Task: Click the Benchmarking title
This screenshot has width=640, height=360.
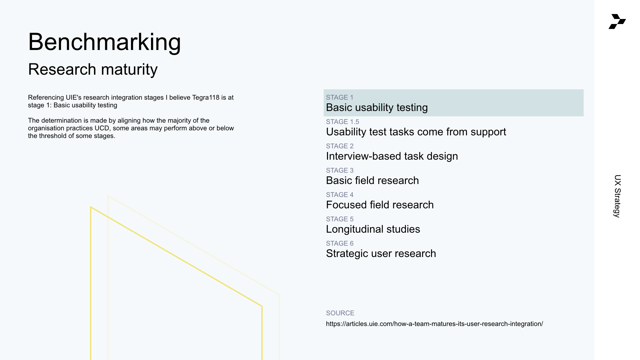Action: (x=104, y=42)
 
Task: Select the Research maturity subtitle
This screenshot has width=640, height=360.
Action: (x=93, y=69)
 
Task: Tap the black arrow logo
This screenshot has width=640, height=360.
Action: (x=617, y=21)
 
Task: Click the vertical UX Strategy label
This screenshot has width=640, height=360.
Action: (x=617, y=196)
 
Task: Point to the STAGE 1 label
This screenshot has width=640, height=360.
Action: (x=340, y=97)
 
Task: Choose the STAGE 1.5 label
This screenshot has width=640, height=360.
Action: (x=343, y=122)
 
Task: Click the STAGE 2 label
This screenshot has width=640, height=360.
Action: (x=340, y=146)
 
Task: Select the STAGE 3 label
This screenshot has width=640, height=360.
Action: (x=340, y=170)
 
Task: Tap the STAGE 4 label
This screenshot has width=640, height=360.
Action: (x=340, y=195)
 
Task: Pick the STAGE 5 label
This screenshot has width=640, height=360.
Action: (x=340, y=219)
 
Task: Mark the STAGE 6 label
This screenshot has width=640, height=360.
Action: (x=340, y=243)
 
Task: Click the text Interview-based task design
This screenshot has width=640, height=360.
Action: (x=392, y=156)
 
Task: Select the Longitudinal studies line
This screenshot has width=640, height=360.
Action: (x=373, y=229)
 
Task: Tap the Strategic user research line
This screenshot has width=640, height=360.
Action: (x=381, y=254)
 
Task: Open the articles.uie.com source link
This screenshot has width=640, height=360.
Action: (x=434, y=324)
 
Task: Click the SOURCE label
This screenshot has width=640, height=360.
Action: (x=340, y=313)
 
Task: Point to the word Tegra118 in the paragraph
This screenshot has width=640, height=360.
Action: (x=206, y=97)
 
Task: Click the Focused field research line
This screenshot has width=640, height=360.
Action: (x=380, y=205)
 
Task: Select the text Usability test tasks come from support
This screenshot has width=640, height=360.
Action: (x=416, y=132)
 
